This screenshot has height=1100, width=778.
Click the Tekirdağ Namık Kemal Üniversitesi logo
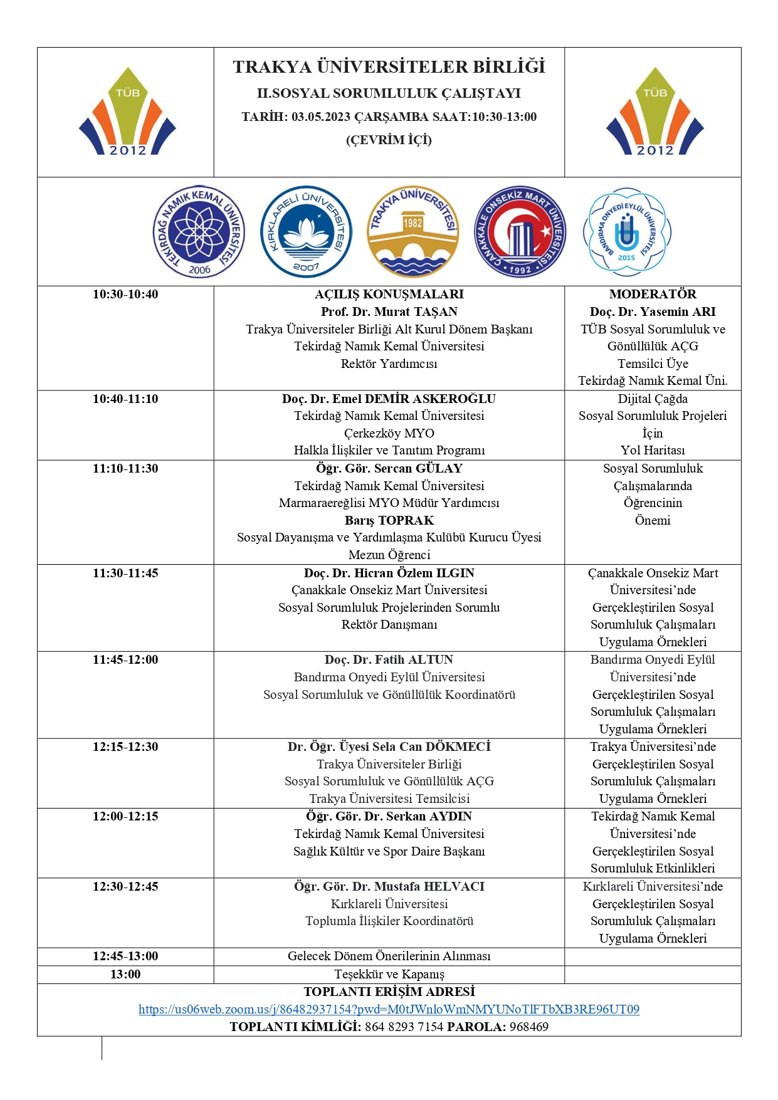(199, 232)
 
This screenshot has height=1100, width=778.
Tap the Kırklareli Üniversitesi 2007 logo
(306, 232)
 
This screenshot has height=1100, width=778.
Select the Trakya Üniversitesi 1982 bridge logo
(413, 232)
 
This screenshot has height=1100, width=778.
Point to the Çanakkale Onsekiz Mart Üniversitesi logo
(520, 232)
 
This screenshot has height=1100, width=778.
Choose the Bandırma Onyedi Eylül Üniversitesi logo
(627, 232)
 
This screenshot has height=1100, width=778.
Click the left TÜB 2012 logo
(127, 112)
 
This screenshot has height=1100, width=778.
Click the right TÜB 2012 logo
(654, 112)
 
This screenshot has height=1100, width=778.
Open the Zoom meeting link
(389, 1009)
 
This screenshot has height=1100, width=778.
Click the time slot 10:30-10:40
(125, 294)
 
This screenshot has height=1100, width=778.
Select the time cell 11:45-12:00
(125, 659)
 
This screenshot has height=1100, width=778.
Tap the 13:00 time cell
(125, 974)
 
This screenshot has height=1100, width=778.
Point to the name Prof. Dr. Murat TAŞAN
(389, 312)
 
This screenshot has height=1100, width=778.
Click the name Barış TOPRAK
(389, 520)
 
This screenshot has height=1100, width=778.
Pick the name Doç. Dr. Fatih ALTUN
(389, 659)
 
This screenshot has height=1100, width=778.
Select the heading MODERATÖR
(653, 294)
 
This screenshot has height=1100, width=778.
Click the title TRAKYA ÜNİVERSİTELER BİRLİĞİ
(389, 67)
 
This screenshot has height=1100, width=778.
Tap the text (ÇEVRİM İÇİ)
(389, 140)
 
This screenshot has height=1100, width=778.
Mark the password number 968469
(529, 1027)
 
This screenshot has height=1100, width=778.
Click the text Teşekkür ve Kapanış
(389, 974)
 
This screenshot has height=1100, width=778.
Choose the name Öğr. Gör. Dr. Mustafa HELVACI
(389, 886)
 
